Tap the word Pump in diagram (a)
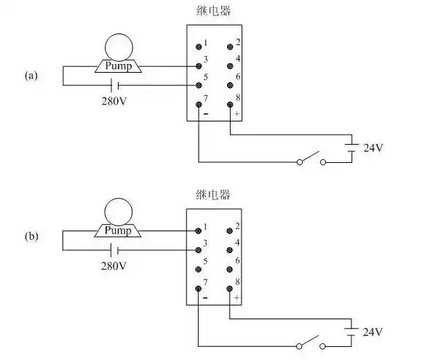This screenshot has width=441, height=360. pos(118,66)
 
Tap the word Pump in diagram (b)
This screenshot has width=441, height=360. pos(118,231)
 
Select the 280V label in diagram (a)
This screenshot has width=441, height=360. pos(114,100)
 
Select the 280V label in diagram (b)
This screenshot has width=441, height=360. pos(114,265)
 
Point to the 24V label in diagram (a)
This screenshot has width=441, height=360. pos(373,148)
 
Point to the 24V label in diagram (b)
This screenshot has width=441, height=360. pos(373,332)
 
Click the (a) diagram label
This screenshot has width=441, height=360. pos(31,75)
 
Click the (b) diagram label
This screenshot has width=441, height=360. pos(31,236)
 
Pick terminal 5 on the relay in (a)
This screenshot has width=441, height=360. pos(199,85)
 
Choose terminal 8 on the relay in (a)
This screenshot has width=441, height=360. pos(231,105)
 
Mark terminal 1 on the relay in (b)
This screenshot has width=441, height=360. pos(199,230)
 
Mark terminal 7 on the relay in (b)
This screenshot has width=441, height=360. pos(199,289)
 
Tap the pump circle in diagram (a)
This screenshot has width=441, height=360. pos(118,47)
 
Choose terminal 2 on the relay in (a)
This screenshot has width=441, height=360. pos(231,46)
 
